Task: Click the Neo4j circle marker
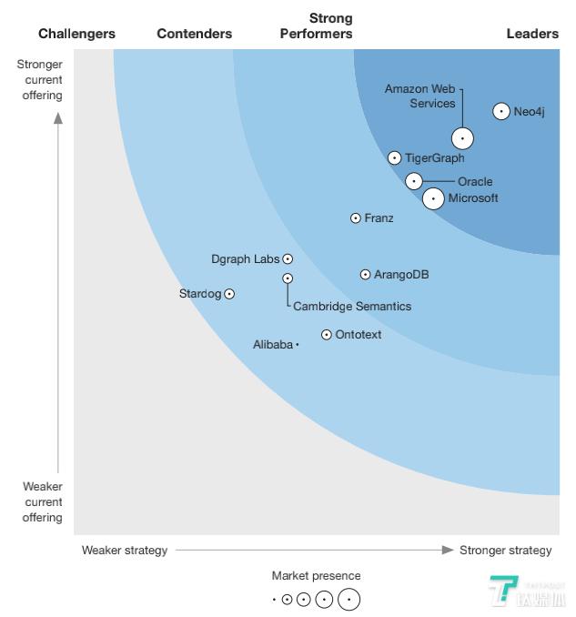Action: click(500, 111)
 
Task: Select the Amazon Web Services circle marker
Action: click(462, 138)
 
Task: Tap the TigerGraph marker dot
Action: click(394, 157)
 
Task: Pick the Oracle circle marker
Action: click(413, 181)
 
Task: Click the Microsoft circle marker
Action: click(433, 197)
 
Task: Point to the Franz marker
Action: click(356, 218)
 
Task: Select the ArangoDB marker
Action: click(365, 274)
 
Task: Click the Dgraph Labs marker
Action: click(288, 259)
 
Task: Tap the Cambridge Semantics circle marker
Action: click(288, 278)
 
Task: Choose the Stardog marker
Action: click(229, 294)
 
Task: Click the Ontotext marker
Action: click(327, 335)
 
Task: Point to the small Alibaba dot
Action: click(298, 345)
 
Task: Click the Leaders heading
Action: click(532, 34)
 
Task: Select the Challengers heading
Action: click(76, 34)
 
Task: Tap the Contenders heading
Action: click(194, 34)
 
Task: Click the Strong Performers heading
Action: click(317, 26)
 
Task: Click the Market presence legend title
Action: click(316, 575)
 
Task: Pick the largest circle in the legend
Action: click(349, 600)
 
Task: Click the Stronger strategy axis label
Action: click(505, 550)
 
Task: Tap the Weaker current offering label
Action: click(43, 502)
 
